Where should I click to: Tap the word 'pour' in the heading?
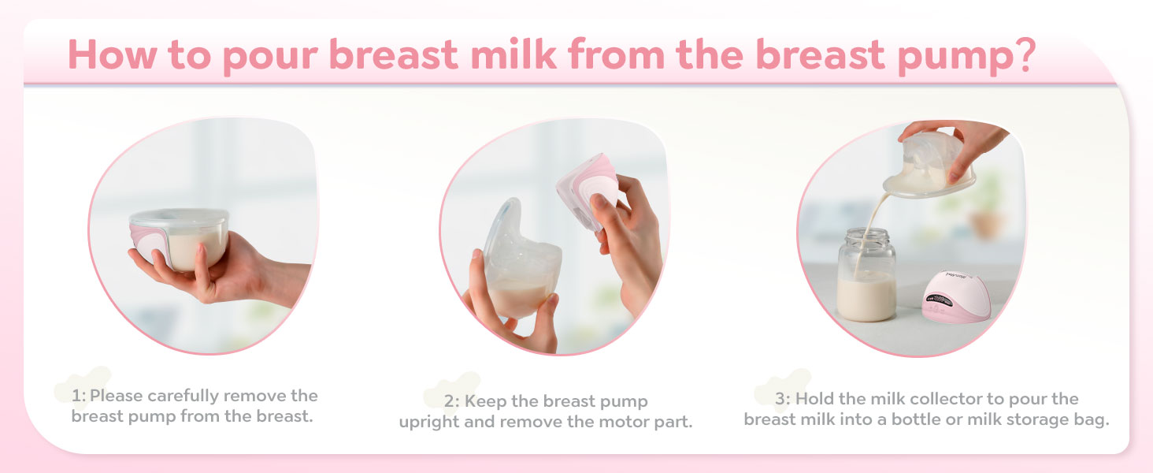pos(269,57)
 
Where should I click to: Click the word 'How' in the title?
pos(112,54)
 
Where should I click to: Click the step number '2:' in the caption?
pos(451,400)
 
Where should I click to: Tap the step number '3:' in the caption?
pos(782,398)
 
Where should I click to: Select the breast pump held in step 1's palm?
pos(178,239)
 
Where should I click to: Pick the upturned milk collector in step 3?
pos(929,165)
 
